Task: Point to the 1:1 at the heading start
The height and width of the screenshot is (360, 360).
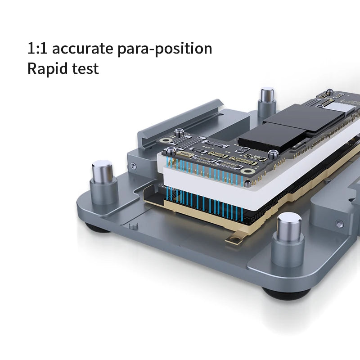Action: tap(35, 49)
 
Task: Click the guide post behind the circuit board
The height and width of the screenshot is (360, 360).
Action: tap(267, 101)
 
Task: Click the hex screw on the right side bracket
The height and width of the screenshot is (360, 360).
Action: tap(339, 224)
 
